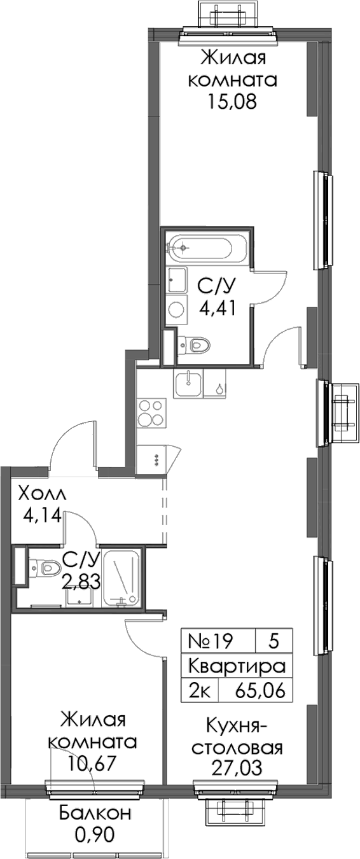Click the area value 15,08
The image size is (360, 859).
click(232, 102)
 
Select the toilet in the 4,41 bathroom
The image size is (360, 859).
click(195, 344)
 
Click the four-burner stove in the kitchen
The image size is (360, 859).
click(151, 413)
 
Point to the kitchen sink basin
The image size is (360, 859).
click(188, 384)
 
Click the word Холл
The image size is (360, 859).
click(42, 494)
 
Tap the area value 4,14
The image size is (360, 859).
click(42, 516)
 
